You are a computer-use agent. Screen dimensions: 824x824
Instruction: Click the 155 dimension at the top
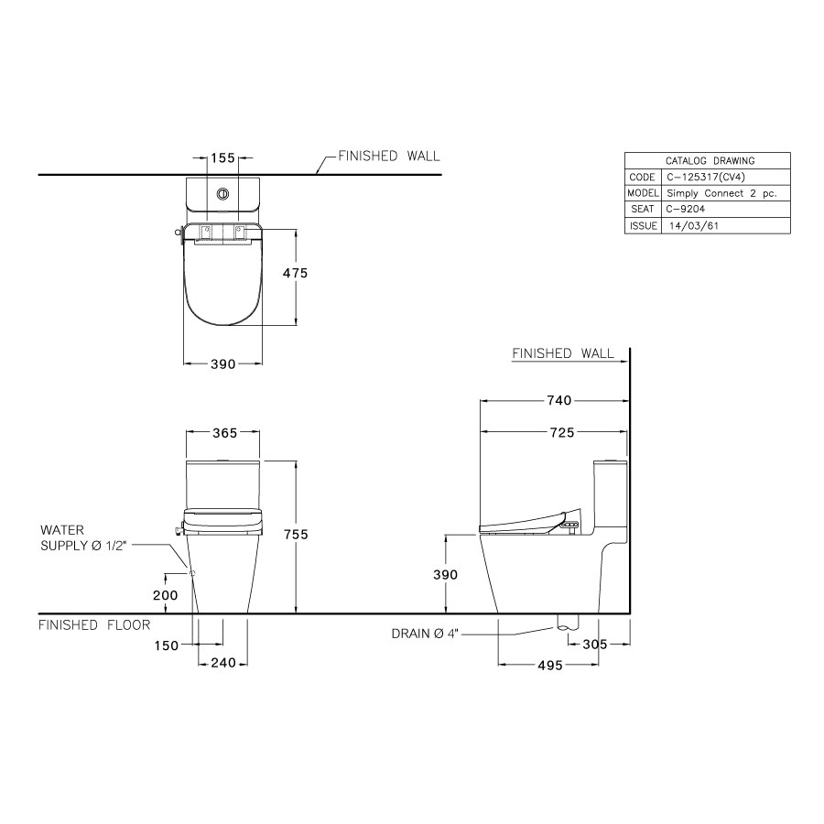(x=223, y=158)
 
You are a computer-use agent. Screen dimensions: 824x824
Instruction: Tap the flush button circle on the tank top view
(x=222, y=193)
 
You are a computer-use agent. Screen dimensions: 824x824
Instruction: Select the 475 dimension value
(x=295, y=273)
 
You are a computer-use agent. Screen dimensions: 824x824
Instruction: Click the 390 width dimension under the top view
(x=223, y=363)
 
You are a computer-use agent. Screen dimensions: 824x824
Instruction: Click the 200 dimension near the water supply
(x=166, y=594)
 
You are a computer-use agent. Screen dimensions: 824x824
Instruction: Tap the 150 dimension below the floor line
(x=167, y=646)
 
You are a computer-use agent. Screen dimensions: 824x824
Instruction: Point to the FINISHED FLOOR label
(x=93, y=625)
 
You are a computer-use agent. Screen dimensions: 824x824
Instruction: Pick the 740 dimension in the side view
(x=558, y=400)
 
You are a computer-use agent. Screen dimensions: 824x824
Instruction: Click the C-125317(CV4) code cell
(x=704, y=177)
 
